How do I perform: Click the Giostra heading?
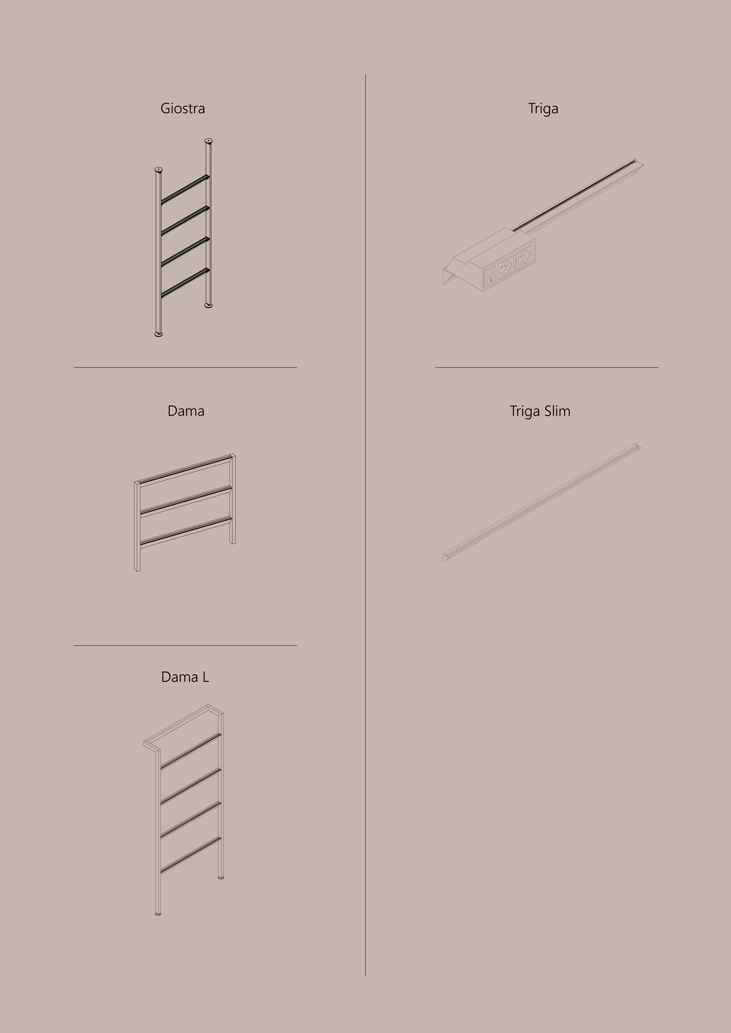183,108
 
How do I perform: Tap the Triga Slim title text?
540,411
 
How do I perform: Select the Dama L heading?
185,677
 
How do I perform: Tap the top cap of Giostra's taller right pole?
208,141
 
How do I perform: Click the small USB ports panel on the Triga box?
491,275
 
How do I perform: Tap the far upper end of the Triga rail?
639,162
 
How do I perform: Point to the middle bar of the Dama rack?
186,501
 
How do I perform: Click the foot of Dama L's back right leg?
221,877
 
